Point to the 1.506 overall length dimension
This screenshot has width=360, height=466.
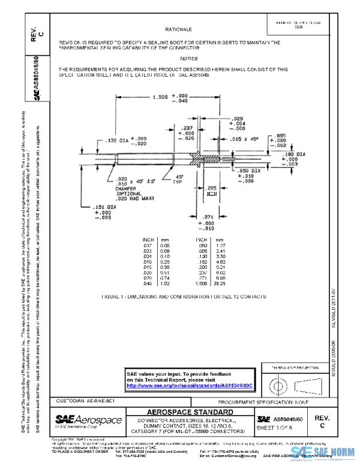click(x=160, y=97)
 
